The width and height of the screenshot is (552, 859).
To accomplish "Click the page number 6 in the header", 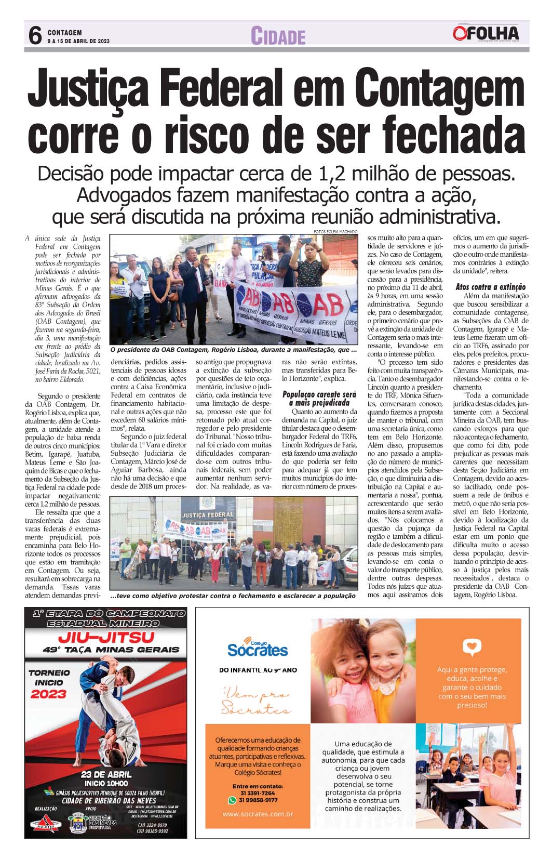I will pyautogui.click(x=35, y=35).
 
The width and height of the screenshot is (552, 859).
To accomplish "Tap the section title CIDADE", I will pyautogui.click(x=278, y=36).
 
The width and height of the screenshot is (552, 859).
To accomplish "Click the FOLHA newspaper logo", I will pyautogui.click(x=486, y=34).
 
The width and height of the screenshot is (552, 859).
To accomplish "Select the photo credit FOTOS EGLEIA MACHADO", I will pyautogui.click(x=335, y=231).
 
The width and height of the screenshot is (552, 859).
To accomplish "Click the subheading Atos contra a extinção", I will pyautogui.click(x=490, y=287).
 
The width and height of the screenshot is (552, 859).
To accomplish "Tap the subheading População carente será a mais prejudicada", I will pyautogui.click(x=319, y=398).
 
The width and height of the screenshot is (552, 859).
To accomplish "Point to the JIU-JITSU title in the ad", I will pyautogui.click(x=106, y=637).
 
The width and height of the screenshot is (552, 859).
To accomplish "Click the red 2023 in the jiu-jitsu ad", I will pyautogui.click(x=48, y=694).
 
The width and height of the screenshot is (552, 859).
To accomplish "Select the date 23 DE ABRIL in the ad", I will pyautogui.click(x=106, y=774).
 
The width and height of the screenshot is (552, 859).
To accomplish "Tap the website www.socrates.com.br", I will pyautogui.click(x=258, y=814).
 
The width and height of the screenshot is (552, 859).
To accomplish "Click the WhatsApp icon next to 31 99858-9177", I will pyautogui.click(x=233, y=800).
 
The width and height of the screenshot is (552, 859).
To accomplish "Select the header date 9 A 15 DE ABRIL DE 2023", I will pyautogui.click(x=78, y=41).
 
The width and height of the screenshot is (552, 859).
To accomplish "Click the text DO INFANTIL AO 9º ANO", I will pyautogui.click(x=258, y=670).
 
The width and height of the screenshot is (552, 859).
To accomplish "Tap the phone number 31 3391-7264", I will pyautogui.click(x=258, y=793).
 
